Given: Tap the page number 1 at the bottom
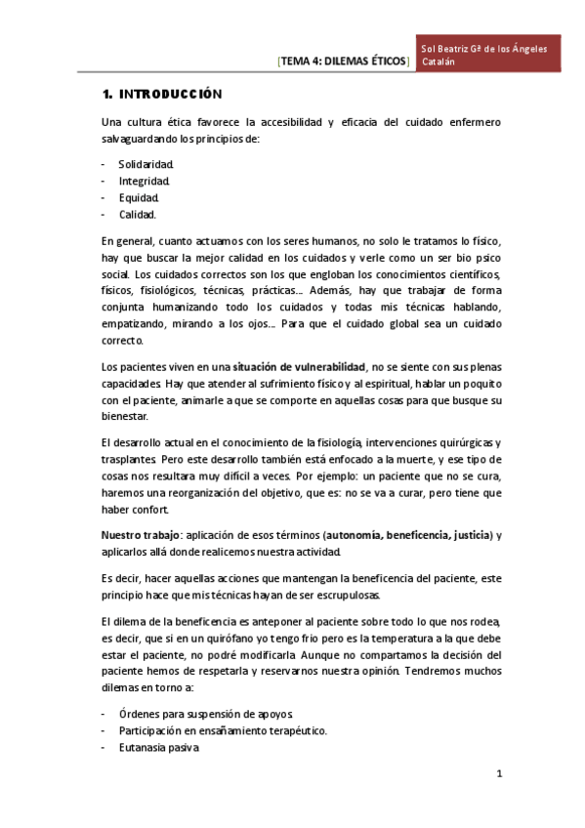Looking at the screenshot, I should pos(498,775).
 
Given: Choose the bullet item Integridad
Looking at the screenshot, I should pos(145,181).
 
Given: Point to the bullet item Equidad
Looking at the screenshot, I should pos(139,197).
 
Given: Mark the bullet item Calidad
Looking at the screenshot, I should pos(138,214).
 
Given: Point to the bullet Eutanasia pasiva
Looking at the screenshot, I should pos(160,748).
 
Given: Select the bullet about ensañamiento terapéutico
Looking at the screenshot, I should pos(223,731).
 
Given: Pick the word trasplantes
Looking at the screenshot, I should pos(129,459).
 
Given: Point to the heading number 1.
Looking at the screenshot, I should pos(105,95).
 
